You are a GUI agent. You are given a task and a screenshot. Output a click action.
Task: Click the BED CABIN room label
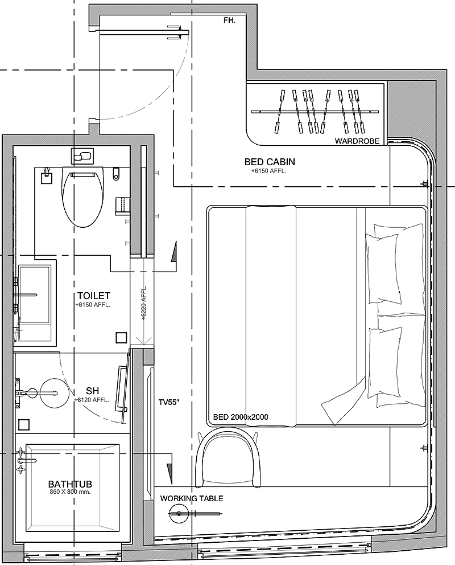tap(270, 162)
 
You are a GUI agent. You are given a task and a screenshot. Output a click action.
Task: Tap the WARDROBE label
tap(357, 141)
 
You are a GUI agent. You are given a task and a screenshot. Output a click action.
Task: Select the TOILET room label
tap(93, 296)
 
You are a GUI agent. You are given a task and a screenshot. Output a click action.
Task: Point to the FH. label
tap(229, 21)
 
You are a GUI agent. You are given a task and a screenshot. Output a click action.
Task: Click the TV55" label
tap(169, 402)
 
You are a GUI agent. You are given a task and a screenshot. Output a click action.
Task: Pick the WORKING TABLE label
tap(191, 498)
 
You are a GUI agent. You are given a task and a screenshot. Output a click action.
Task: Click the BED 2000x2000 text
tap(241, 417)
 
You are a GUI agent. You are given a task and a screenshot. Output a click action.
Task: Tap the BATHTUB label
tap(70, 484)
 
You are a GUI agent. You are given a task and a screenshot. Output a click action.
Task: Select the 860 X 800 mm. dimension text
tap(70, 492)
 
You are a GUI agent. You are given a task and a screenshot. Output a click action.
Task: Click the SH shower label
tap(93, 391)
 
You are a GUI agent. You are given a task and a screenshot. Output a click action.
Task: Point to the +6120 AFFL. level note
tap(92, 400)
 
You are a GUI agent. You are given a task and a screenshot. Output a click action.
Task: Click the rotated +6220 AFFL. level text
tap(143, 302)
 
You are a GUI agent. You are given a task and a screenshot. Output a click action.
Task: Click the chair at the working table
tap(227, 457)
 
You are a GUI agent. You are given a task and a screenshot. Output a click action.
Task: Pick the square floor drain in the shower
tap(24, 424)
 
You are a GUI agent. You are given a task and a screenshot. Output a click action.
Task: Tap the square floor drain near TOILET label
tap(121, 338)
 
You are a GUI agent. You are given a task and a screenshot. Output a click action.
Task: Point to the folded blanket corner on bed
tap(344, 403)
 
